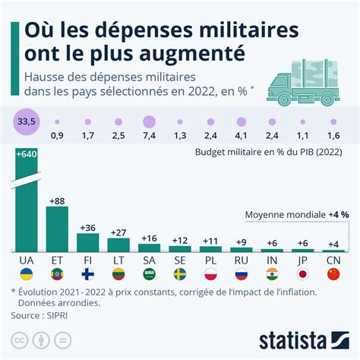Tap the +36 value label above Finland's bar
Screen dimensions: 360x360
tap(88, 227)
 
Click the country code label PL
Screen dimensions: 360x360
tap(210, 260)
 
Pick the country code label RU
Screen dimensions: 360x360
tap(241, 260)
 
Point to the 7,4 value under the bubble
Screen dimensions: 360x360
tap(150, 136)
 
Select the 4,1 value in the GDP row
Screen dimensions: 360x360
tap(241, 136)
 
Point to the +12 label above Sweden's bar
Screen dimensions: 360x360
tap(180, 239)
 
